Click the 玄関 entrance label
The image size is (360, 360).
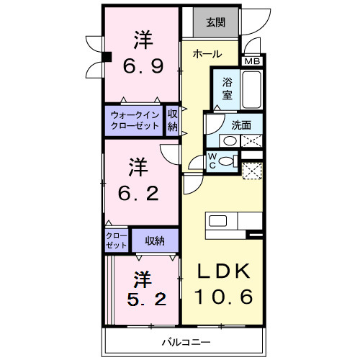(215, 22)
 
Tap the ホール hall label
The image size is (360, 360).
(207, 54)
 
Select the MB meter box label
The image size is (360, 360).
(253, 62)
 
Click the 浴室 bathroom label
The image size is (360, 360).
(226, 88)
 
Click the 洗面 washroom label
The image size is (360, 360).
(241, 125)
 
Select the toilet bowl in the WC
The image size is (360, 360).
(228, 161)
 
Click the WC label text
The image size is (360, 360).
(213, 161)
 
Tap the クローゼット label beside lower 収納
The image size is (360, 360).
(114, 240)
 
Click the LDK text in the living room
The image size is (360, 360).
(224, 271)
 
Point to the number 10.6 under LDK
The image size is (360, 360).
(224, 297)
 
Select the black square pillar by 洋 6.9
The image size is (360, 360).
(105, 58)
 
